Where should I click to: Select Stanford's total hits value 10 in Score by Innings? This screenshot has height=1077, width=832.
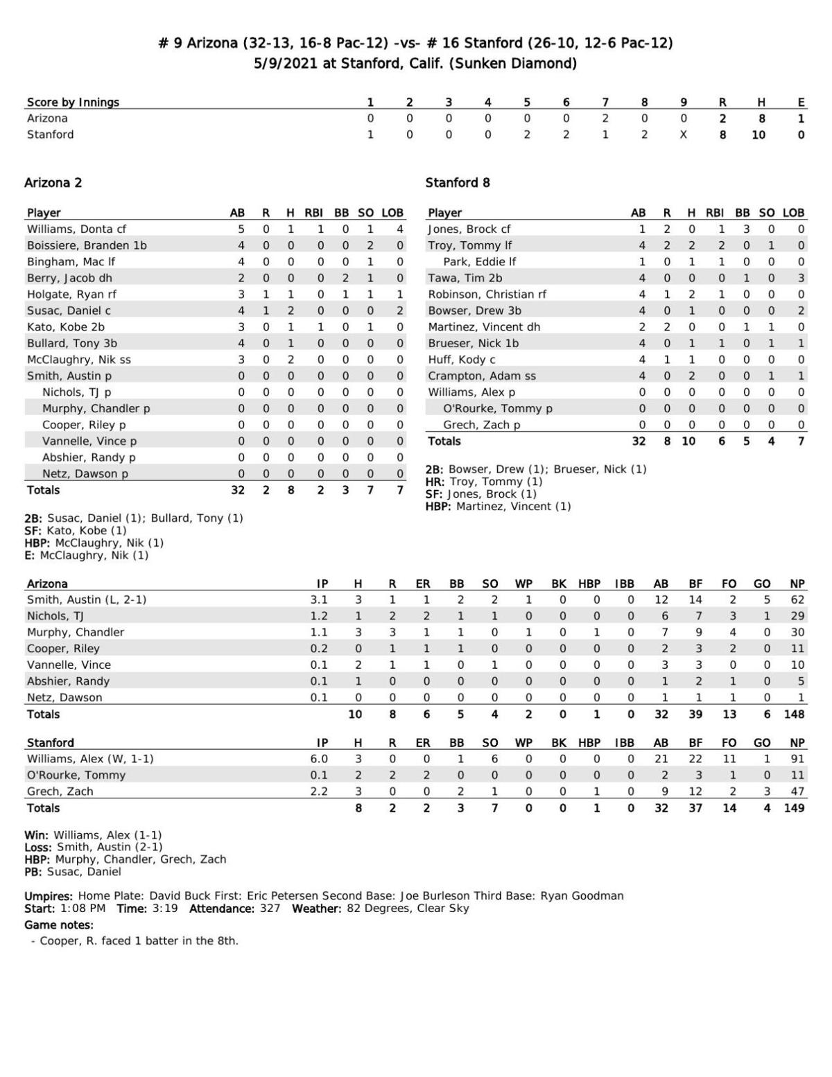coord(759,134)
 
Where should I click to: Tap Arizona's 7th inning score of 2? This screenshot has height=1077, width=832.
coord(605,119)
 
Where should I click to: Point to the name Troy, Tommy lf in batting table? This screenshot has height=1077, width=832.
coord(469,245)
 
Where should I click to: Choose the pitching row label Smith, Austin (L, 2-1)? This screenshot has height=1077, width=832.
coord(87,599)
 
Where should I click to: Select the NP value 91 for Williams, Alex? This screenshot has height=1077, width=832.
coord(797,759)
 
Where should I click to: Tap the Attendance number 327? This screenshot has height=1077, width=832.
coord(270,909)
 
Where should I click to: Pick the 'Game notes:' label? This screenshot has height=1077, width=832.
coord(59,925)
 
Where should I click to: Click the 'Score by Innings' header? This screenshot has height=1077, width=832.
coord(73,103)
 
